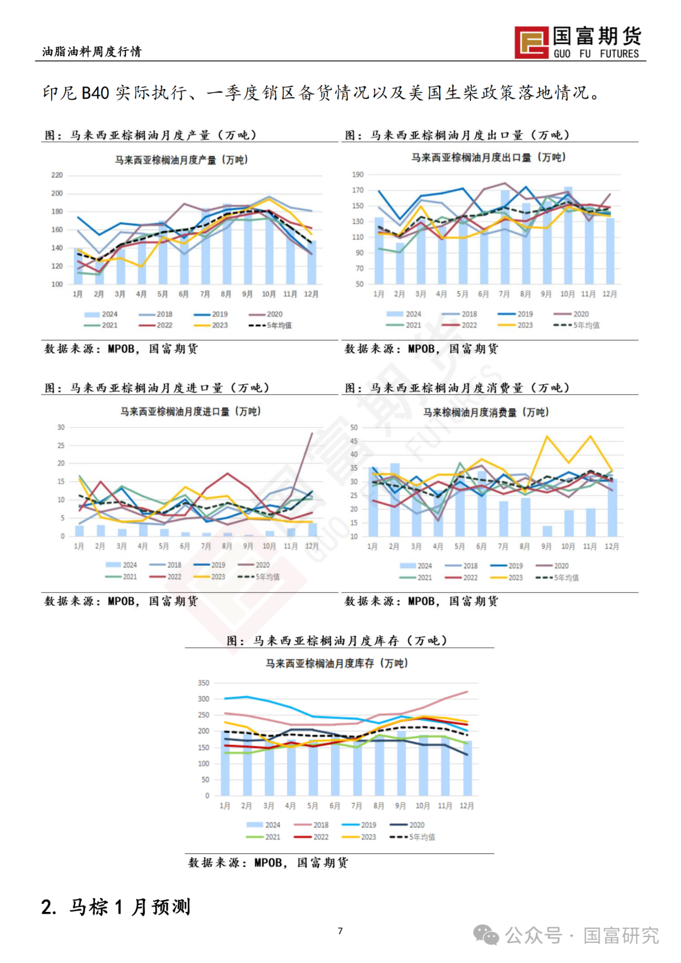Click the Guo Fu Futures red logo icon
coord(532,43)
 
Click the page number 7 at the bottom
coord(340,931)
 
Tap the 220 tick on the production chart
coord(57,175)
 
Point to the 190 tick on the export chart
coord(358,175)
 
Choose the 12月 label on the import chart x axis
coord(311,546)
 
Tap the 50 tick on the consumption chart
coord(354,428)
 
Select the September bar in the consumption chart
coord(547,531)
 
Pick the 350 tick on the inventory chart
coord(203,683)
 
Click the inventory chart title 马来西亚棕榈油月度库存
coord(337,663)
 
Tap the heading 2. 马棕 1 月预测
coord(116,907)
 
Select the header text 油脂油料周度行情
coord(92,52)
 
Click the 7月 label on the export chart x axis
coord(504,294)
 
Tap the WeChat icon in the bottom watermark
coord(486,935)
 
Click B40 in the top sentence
coord(95,93)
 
